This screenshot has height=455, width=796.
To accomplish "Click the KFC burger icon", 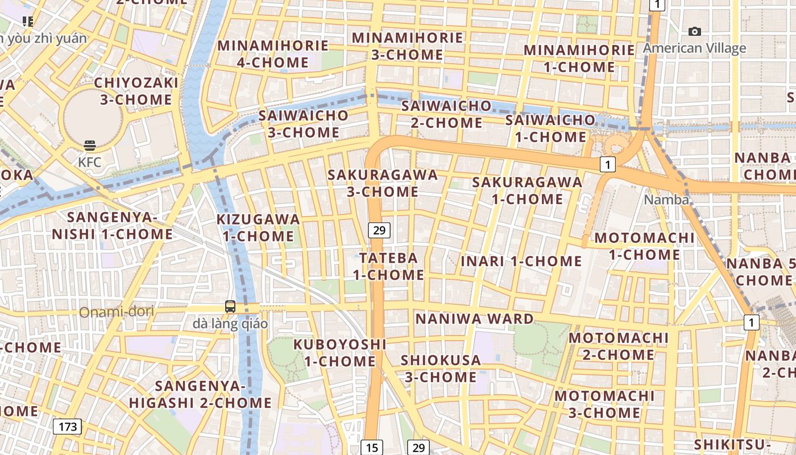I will (x=90, y=146).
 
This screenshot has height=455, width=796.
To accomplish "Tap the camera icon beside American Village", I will (x=694, y=32).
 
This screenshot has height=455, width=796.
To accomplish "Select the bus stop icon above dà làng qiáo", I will (x=230, y=307).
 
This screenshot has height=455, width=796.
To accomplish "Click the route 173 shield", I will (x=68, y=427).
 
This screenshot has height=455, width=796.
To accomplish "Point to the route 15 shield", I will (x=372, y=448).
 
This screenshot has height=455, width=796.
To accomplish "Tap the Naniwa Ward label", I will (x=475, y=318).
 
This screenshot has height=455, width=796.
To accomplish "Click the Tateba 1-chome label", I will (x=388, y=266).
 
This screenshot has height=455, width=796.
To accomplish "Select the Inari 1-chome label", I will (x=521, y=261).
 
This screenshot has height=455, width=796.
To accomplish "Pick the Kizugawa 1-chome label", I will (x=258, y=227).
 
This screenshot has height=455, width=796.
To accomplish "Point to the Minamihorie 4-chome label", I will (x=273, y=53).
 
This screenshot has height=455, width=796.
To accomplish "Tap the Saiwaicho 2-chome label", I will (x=446, y=114).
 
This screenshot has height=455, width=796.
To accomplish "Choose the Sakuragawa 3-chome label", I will (x=383, y=183).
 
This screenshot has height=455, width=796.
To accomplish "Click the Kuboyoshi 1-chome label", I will (x=340, y=353).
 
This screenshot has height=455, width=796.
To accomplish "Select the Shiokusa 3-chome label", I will (x=441, y=368).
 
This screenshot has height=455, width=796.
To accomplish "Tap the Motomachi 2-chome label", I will (x=619, y=346).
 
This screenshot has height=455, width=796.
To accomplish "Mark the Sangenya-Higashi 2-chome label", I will (x=200, y=394).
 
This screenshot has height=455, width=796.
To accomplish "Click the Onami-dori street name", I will (x=117, y=312).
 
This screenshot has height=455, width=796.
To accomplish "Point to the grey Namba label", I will (x=666, y=200).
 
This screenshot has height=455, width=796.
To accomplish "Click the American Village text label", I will (x=694, y=48).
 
